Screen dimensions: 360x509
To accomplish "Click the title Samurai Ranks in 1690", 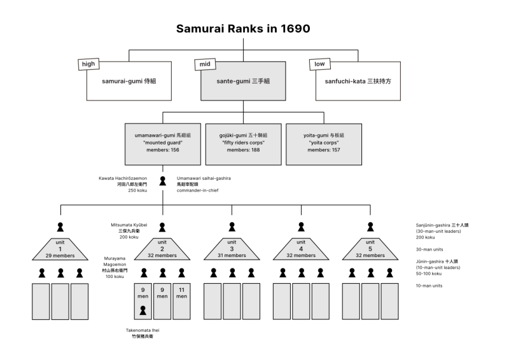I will coord(243,29).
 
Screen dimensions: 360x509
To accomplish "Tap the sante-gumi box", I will coord(243,81).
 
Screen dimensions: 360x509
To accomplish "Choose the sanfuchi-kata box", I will coord(358,81).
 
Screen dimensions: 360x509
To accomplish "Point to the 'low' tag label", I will coord(317,64).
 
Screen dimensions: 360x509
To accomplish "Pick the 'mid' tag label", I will coord(203,64).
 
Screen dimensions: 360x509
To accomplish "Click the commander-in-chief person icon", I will coord(163,181).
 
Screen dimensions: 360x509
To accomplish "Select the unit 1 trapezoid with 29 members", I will coord(60,249).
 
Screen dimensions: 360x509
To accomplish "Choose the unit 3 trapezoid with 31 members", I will coord(232,249).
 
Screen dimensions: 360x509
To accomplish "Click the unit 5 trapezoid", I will coord(370,249).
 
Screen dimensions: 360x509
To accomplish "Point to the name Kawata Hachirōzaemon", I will coord(123,179).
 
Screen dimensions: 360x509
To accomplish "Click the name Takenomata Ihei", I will coord(143,331).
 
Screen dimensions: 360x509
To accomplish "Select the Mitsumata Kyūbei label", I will coord(129,225).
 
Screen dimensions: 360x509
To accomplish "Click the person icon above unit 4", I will coord(301,226).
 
